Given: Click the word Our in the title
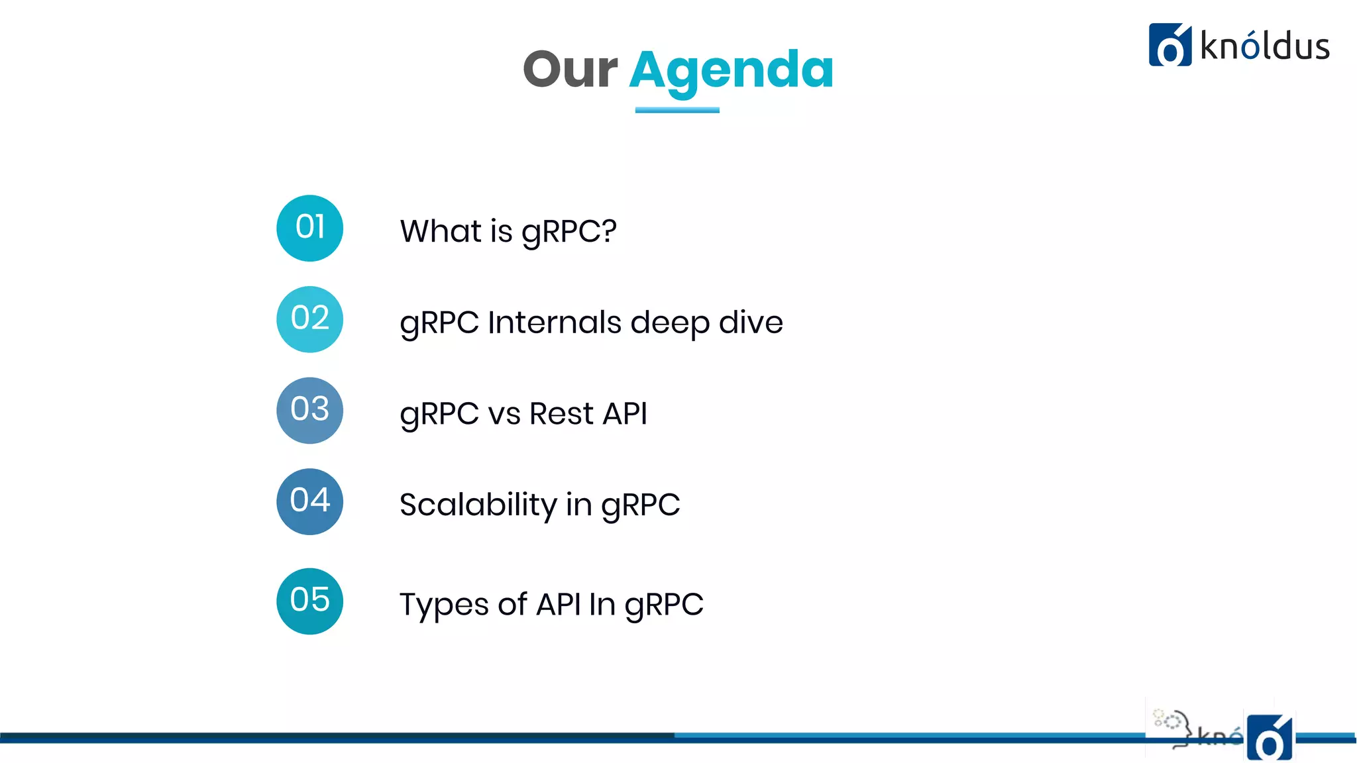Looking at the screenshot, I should (570, 70).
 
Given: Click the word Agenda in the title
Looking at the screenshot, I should (731, 71).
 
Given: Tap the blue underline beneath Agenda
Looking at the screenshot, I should (677, 110).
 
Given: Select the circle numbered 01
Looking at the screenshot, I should (309, 228).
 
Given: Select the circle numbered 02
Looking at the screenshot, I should (309, 319).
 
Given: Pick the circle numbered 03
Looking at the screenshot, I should (309, 410).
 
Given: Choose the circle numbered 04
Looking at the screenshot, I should (309, 501).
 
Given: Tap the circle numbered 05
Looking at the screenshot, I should (309, 601).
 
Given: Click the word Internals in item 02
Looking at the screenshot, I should (555, 323).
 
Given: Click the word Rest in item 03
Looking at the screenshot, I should (561, 414).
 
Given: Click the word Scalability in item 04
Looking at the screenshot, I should (478, 505).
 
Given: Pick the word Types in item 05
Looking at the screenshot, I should (443, 605).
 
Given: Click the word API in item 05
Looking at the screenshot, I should (558, 604).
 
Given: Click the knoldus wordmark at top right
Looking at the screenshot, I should (1264, 47).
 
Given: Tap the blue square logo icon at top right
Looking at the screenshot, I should (1169, 45).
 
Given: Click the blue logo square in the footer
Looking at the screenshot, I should (1269, 737).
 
